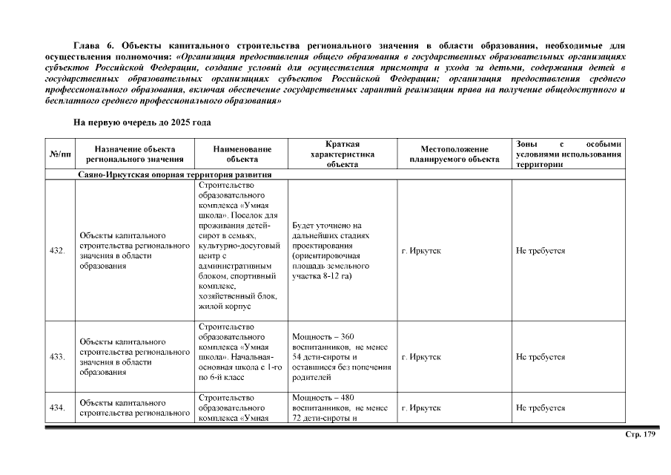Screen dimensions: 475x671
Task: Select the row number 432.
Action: tap(57, 251)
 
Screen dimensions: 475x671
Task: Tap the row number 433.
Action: tap(57, 357)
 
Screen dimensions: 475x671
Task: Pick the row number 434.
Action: tap(57, 408)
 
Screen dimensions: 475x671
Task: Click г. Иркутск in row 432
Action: tap(421, 251)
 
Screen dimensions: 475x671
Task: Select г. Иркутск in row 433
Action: tap(421, 357)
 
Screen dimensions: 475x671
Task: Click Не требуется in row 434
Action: tap(541, 408)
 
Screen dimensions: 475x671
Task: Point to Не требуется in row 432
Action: tap(541, 251)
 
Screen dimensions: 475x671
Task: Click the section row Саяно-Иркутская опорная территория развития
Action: tap(174, 175)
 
